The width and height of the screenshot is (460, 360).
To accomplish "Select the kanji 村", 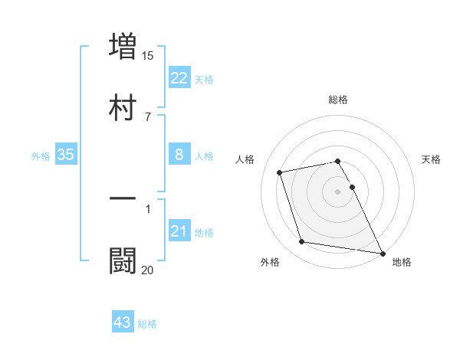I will pos(123,107).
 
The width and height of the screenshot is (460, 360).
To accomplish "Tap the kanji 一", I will pos(123,198).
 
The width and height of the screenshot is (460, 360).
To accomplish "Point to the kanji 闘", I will pos(123,260).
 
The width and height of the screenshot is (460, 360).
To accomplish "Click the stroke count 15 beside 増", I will pos(148,56).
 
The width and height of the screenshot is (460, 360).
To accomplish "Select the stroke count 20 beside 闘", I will pos(148,270).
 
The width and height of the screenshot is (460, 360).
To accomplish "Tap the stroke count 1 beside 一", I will pos(148,208).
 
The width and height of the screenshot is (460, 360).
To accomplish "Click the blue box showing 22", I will pos(179,77).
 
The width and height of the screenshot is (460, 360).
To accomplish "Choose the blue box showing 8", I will pos(179,155).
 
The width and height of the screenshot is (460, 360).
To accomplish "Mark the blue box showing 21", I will pos(179,231).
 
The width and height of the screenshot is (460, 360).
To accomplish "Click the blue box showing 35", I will pos(66,155).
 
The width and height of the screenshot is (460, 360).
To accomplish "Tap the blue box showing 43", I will pos(123,322).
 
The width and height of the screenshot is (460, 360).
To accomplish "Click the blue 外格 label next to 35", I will pos(41,156).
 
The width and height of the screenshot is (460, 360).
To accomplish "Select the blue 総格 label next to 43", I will pos(147,324).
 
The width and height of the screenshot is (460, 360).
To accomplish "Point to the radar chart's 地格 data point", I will pos(381,252).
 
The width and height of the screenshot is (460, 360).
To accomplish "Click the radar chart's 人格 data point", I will pos(280,172).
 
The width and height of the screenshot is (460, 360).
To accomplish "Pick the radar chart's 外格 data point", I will pos(302,242).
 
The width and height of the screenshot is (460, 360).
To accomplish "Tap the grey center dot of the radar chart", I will pos(337,191).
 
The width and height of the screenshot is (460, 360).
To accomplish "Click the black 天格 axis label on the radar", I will pos(431,159).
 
